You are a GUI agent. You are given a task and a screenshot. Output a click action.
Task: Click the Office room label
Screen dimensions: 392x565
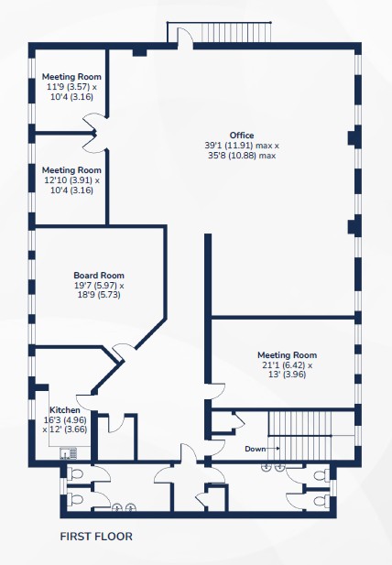(x=242, y=136)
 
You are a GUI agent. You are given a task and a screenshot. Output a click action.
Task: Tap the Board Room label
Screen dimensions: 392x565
(x=99, y=276)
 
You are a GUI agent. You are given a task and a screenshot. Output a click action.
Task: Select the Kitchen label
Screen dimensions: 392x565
(x=65, y=410)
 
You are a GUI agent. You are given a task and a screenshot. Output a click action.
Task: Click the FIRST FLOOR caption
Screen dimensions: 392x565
(x=96, y=537)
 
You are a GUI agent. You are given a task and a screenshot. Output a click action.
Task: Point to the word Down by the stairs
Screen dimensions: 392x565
(x=256, y=449)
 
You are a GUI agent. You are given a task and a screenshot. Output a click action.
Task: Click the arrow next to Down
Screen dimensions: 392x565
(x=273, y=449)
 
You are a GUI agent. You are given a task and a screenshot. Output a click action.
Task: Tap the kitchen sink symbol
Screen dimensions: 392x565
(x=69, y=453)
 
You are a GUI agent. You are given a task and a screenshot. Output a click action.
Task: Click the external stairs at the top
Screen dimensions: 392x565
(x=236, y=32)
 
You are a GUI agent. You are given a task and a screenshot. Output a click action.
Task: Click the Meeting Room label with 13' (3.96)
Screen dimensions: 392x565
(x=288, y=355)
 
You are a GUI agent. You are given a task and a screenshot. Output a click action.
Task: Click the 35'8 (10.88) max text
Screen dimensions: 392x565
(x=242, y=156)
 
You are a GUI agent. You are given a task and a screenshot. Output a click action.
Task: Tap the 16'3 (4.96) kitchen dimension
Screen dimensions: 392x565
(x=65, y=419)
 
